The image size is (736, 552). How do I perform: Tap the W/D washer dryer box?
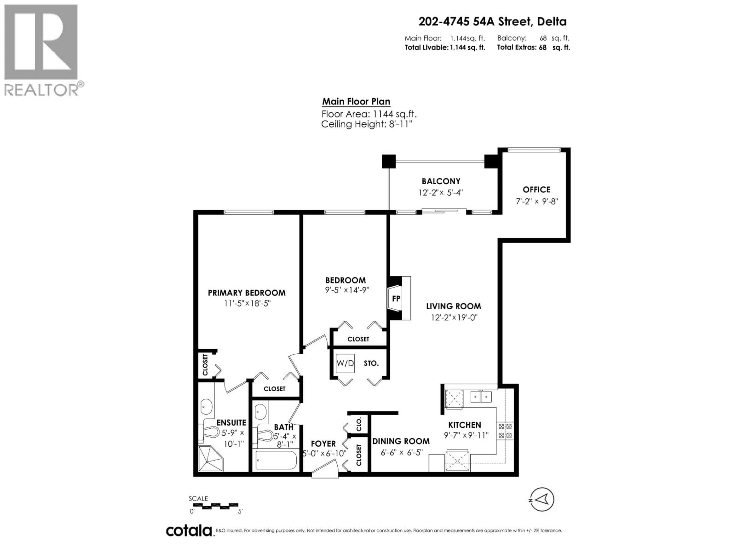coord(345,363)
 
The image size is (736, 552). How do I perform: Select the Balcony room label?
coord(441,181)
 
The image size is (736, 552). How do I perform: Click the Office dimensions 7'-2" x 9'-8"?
coord(536,201)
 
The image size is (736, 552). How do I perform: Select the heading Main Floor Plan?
coord(356,101)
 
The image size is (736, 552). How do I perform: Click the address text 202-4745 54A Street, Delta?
coord(492,22)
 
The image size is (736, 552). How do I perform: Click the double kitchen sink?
coord(481,397)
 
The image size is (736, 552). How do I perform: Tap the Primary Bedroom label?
coord(246,293)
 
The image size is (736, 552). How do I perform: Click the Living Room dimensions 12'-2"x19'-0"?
coord(454,317)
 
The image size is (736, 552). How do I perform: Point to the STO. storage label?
coord(371,363)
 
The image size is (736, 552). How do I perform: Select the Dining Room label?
coord(401,441)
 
